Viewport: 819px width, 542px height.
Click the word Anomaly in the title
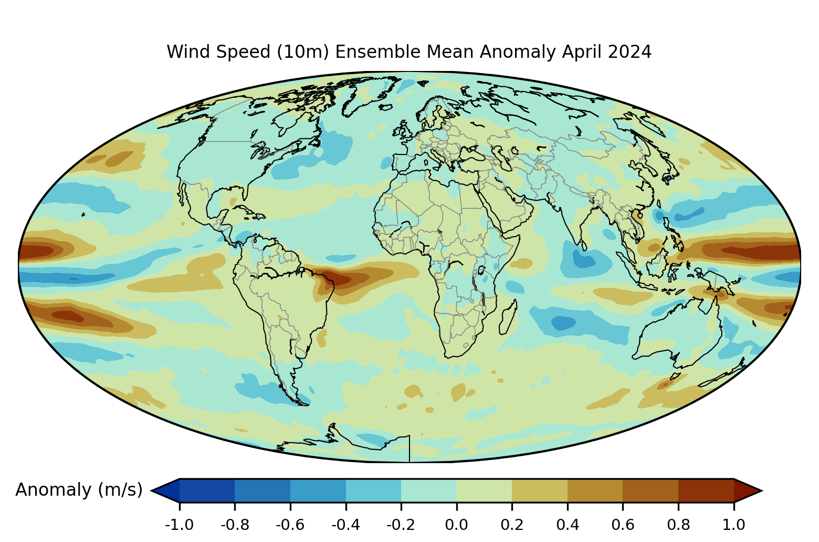point(519,53)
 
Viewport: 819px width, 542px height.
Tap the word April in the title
point(582,53)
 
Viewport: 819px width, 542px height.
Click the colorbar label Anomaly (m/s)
point(79,490)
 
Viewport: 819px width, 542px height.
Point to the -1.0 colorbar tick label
point(179,525)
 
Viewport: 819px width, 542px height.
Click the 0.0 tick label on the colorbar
point(456,525)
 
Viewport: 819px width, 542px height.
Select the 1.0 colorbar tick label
point(733,525)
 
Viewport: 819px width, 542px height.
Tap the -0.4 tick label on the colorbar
point(345,525)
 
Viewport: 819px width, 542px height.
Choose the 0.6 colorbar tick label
point(623,525)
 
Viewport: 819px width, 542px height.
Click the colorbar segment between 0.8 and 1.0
point(706,490)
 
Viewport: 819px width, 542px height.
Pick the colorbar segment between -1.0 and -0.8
point(207,490)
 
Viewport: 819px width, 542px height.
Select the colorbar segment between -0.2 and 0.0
point(429,490)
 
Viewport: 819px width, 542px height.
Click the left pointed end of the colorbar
point(151,490)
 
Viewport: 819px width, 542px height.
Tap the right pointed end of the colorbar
point(762,490)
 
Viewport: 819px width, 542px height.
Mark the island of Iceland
point(385,107)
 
